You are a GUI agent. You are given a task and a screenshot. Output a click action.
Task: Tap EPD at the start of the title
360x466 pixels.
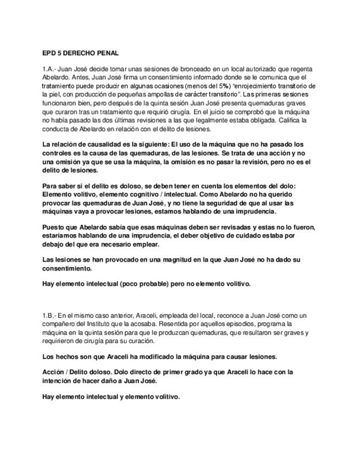[x=49, y=53]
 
